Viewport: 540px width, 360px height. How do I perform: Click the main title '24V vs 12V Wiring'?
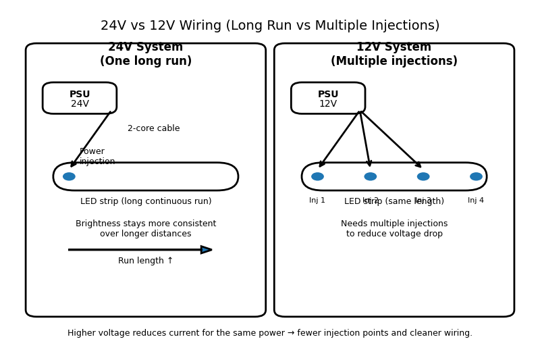click(270, 26)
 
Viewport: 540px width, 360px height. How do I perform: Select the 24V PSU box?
click(80, 99)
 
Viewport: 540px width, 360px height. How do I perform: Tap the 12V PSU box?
click(328, 99)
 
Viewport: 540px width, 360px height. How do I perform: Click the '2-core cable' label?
click(153, 128)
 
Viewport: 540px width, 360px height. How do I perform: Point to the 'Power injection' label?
click(97, 157)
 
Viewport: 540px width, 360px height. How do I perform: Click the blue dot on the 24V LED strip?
click(69, 176)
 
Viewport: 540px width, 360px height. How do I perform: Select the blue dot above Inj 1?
click(317, 176)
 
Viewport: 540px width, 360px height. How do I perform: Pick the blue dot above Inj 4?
click(476, 176)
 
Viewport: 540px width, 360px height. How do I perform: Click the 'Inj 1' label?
click(317, 201)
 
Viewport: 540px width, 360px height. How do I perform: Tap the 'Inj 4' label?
click(476, 201)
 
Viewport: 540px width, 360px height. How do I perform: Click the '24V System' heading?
click(146, 47)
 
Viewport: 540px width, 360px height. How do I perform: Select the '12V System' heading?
click(394, 47)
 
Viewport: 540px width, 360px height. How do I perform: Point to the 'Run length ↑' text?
click(146, 261)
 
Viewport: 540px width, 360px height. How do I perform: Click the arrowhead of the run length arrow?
click(207, 250)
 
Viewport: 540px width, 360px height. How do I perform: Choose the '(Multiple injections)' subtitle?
click(394, 61)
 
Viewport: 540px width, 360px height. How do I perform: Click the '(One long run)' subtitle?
click(146, 61)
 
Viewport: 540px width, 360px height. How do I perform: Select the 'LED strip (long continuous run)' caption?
click(146, 201)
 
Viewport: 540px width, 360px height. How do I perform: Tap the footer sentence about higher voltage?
click(270, 333)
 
